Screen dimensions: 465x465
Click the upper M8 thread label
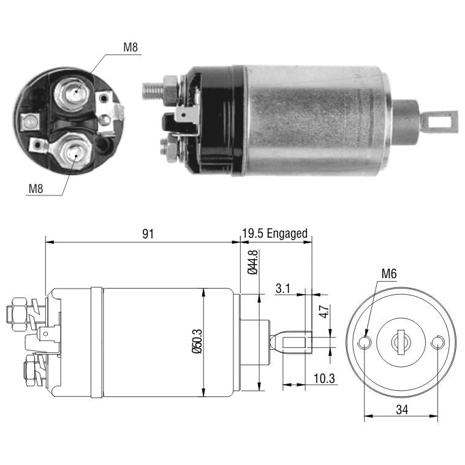130,47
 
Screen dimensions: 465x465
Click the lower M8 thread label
36,189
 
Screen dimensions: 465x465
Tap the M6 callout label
389,274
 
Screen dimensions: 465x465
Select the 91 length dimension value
148,234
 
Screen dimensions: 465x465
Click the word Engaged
287,233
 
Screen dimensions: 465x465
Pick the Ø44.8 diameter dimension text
252,262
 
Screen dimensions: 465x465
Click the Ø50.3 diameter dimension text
197,341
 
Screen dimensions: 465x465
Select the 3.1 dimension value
282,289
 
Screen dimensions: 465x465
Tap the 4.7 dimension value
325,311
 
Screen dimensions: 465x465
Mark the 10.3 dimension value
324,379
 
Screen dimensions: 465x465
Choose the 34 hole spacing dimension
402,409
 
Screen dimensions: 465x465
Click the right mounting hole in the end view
437,342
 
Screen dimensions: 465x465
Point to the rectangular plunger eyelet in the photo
439,121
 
